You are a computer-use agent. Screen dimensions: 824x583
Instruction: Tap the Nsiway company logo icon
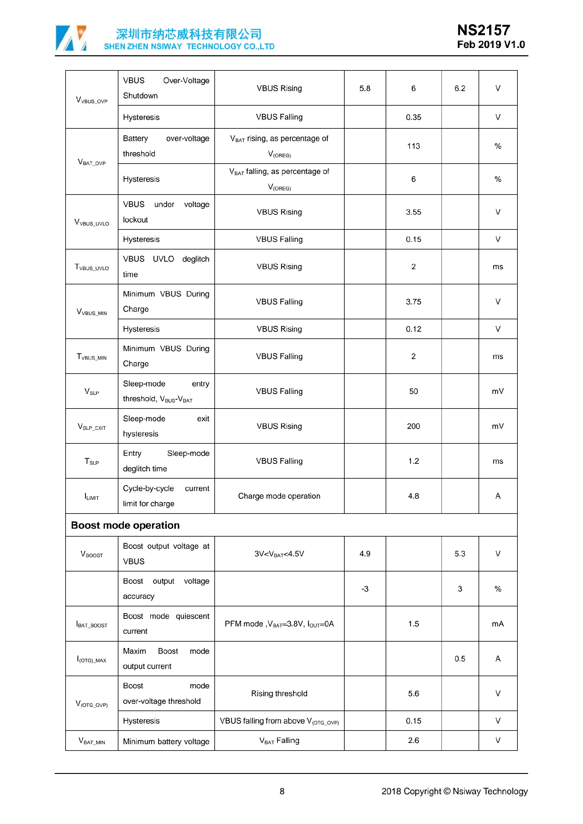coord(71,38)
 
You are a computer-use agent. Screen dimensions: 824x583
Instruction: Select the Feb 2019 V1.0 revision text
coord(490,45)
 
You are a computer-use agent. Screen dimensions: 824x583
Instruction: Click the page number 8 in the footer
coord(282,791)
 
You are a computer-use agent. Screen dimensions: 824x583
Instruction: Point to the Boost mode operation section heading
coord(125,525)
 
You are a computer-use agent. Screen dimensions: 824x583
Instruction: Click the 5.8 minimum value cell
coord(365,89)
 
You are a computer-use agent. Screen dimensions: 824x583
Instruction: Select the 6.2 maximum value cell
coord(459,89)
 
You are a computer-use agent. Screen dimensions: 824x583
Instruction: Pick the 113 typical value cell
coord(413,146)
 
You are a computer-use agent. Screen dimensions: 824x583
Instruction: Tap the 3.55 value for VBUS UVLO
coord(413,212)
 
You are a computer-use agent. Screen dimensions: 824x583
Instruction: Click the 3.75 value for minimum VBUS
coord(413,302)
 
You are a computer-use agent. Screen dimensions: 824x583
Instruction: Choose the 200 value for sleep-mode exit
coord(413,426)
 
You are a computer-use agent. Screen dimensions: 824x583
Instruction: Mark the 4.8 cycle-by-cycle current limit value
coord(413,496)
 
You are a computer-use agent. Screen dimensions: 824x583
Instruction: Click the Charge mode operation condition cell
coord(279,496)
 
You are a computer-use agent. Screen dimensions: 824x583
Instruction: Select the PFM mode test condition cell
coord(279,624)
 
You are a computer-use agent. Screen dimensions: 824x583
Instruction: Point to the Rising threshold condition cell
coord(279,694)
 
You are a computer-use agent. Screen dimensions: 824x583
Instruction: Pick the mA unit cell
coord(498,624)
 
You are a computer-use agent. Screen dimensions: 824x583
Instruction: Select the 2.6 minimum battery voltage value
coord(413,740)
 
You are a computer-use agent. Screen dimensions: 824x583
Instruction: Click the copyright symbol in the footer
coord(447,791)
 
